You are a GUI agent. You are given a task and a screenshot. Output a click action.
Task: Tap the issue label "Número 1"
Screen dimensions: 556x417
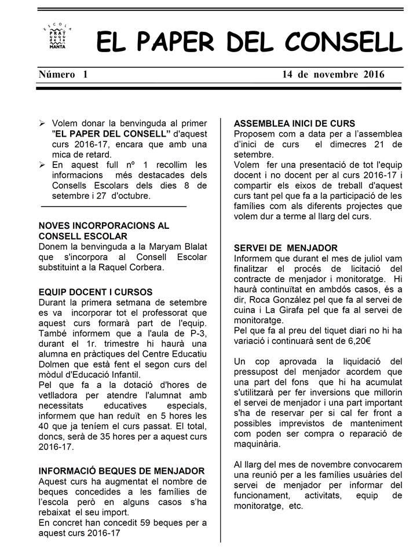click(x=63, y=74)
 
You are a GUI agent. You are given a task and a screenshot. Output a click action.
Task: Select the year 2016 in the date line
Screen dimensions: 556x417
click(x=374, y=74)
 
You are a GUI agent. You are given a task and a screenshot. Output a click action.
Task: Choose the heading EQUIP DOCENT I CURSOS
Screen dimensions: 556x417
click(x=95, y=291)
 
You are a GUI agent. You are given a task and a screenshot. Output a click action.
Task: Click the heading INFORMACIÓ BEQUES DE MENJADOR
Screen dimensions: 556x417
click(x=121, y=471)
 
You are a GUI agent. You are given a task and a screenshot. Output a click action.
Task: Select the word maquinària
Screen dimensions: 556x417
click(x=261, y=444)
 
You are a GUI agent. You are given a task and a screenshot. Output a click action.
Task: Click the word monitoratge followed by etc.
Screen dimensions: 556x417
click(x=259, y=506)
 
